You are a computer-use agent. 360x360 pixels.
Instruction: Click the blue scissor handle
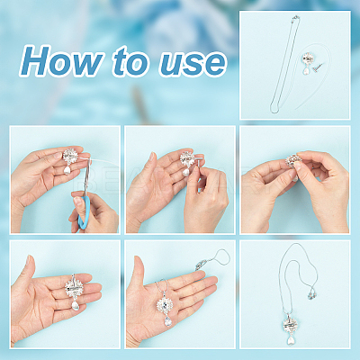85,211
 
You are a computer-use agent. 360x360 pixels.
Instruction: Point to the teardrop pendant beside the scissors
67,170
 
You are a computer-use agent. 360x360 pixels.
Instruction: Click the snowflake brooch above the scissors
70,155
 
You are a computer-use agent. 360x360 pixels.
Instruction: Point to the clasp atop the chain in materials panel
295,18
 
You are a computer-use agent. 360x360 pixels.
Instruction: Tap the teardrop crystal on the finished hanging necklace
291,340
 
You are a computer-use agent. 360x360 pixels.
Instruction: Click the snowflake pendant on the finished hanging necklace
291,324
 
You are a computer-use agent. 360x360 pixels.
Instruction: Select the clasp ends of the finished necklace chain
310,295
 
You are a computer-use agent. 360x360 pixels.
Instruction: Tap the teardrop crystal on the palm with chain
168,321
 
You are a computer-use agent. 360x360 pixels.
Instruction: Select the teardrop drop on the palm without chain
76,305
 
